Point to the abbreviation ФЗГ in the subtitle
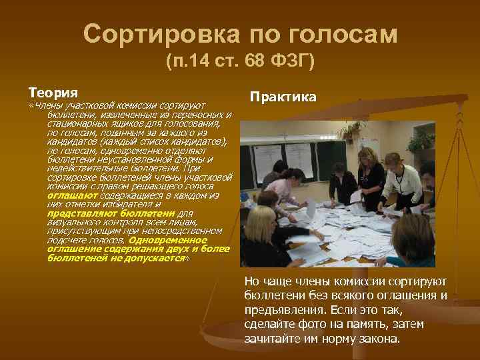(x=291, y=63)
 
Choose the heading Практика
(x=283, y=97)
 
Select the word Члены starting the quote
(x=47, y=105)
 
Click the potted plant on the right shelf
(x=420, y=141)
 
